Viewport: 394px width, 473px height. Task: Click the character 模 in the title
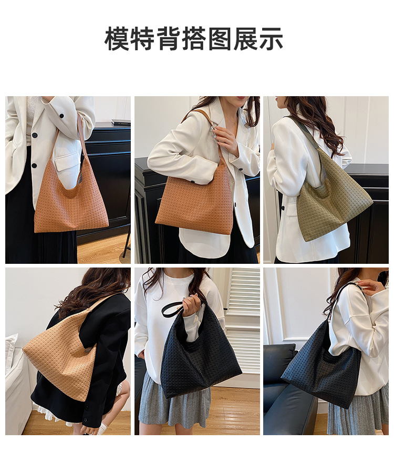[117, 38]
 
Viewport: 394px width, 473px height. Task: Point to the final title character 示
[271, 38]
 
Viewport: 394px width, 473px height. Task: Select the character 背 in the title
[169, 38]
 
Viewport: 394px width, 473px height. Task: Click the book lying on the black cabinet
[121, 122]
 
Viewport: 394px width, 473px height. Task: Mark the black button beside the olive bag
[283, 208]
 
